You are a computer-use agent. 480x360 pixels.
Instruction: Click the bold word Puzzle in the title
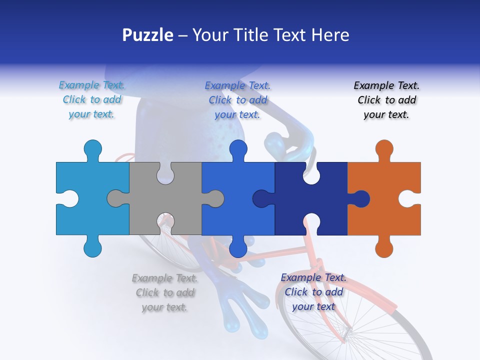pos(147,35)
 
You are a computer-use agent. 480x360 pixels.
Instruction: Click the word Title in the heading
pos(273,35)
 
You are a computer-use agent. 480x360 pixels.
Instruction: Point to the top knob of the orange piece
pos(384,149)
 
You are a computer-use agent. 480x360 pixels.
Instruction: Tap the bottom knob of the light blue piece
pos(92,247)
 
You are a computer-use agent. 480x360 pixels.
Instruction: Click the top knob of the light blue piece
pos(92,149)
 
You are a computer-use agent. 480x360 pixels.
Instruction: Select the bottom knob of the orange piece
pos(384,248)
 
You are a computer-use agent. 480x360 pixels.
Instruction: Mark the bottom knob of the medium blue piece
pos(238,248)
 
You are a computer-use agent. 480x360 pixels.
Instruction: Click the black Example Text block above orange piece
pos(386,100)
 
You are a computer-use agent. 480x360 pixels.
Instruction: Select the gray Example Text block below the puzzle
pos(164,292)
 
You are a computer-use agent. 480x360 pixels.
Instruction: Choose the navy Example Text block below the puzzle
pos(313,292)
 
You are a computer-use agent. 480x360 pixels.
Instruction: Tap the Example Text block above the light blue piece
pos(92,100)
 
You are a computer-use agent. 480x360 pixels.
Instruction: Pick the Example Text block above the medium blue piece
pos(237,100)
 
